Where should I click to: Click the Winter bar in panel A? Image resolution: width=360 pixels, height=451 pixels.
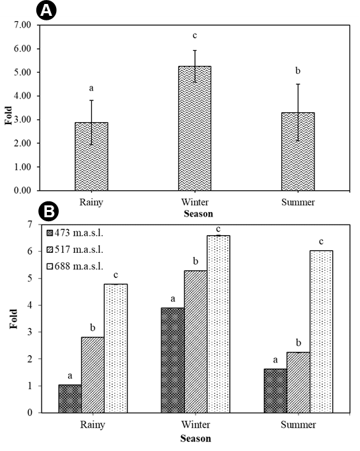(x=195, y=128)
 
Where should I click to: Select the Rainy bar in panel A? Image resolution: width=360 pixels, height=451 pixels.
(x=92, y=156)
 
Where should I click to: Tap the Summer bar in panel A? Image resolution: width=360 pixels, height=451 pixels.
(x=298, y=152)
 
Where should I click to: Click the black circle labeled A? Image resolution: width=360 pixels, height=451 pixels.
(x=46, y=11)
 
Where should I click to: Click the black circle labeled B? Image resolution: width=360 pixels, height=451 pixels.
(x=48, y=211)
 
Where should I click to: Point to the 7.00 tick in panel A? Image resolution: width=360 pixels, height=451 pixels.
(x=22, y=25)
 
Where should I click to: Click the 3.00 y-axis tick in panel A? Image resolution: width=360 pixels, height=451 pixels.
(x=22, y=120)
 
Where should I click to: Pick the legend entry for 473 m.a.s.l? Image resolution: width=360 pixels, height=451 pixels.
(x=75, y=232)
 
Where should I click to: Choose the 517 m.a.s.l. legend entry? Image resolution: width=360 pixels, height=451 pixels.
(x=75, y=250)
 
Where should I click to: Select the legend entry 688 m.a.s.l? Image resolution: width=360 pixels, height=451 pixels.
(x=75, y=266)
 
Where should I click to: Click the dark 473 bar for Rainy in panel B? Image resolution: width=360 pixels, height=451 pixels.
(x=70, y=399)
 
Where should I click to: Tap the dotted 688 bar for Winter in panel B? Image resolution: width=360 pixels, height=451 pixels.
(x=219, y=324)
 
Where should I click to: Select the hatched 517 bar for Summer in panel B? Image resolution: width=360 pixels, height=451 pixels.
(x=299, y=382)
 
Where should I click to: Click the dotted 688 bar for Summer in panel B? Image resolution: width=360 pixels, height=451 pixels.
(x=321, y=331)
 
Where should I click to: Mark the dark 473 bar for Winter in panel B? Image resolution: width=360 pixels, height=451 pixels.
(x=173, y=361)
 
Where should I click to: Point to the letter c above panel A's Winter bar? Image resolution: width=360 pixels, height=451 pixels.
(x=195, y=36)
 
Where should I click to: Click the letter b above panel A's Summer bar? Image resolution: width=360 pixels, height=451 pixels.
(x=298, y=71)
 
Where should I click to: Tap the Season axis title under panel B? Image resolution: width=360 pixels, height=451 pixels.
(x=196, y=438)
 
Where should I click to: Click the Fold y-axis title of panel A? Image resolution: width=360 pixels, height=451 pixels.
(x=9, y=116)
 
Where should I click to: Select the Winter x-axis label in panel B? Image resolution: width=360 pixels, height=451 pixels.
(x=196, y=425)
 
